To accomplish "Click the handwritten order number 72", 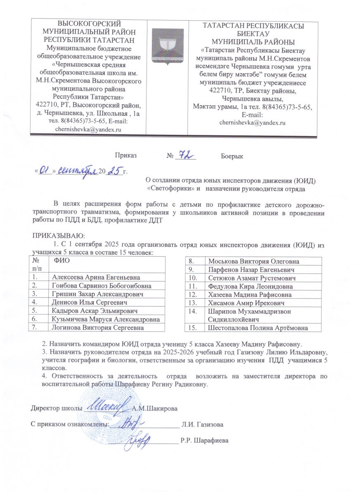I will click(184, 155).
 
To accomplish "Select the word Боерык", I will click(232, 156).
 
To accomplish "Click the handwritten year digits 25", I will click(111, 170).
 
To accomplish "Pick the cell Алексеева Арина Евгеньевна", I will click(94, 277).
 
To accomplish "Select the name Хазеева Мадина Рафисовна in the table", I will click(250, 295).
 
